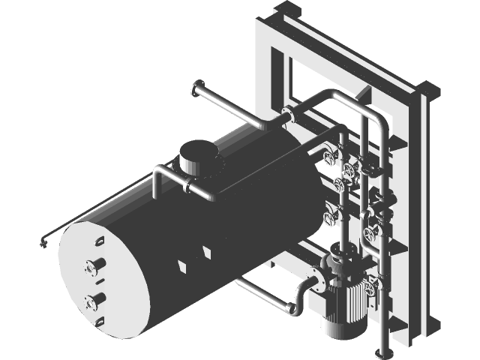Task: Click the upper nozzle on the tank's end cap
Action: tap(95, 265)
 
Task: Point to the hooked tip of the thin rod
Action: tap(43, 241)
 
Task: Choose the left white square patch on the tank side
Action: tap(181, 265)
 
